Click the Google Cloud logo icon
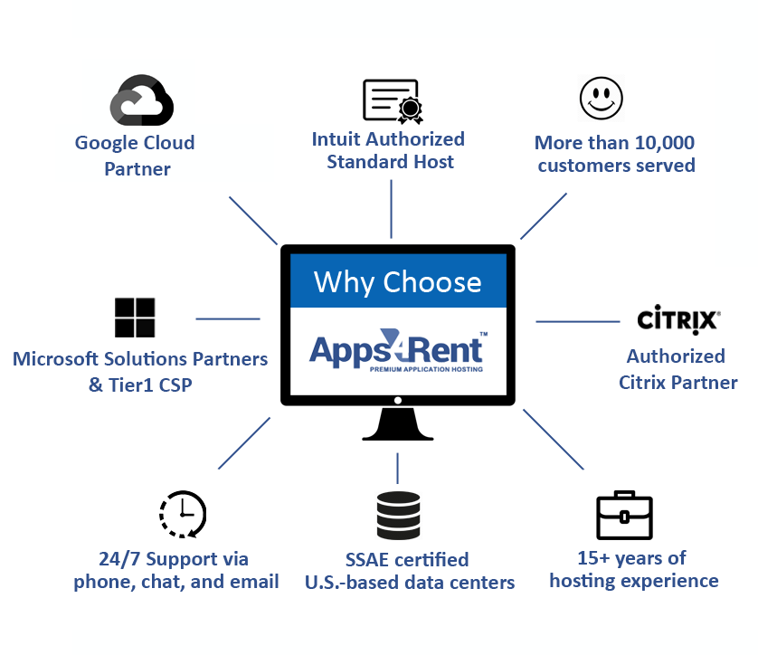[142, 100]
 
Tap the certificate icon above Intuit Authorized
[393, 101]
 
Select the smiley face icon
[601, 98]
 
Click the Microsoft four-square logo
[135, 318]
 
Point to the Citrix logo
[678, 319]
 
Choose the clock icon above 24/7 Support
[183, 515]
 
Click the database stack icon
[398, 516]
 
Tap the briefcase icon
[624, 516]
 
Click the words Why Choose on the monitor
[397, 282]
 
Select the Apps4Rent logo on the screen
[398, 351]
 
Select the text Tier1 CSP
[150, 384]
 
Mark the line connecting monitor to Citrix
[578, 321]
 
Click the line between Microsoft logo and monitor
[228, 319]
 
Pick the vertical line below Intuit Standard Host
[391, 209]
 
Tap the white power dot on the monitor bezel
[398, 400]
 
